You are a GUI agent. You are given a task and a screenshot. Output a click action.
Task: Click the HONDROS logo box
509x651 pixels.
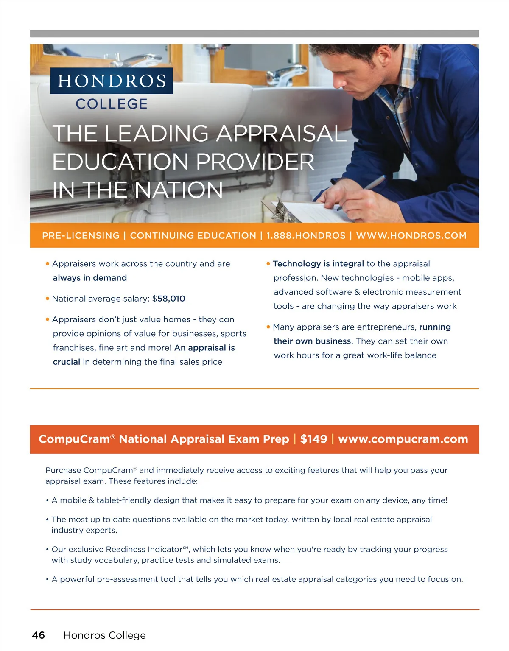pos(112,81)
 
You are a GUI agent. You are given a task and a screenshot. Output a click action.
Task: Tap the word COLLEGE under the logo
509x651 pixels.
pos(112,104)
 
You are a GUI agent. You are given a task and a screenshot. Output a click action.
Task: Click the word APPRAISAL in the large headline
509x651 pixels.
pos(282,134)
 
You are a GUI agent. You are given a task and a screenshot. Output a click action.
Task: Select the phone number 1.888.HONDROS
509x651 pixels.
pos(306,235)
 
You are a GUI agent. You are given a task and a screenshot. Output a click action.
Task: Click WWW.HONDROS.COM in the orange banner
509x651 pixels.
pos(411,235)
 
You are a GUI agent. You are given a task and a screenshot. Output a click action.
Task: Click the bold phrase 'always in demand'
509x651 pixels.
pos(90,278)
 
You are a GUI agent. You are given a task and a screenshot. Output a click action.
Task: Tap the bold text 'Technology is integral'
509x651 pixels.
pos(318,264)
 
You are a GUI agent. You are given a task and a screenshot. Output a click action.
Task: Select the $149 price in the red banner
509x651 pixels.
pos(313,439)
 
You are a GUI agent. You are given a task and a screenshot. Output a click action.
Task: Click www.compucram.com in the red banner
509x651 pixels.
pos(403,439)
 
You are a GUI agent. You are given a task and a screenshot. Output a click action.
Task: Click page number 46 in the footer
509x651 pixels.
pos(39,635)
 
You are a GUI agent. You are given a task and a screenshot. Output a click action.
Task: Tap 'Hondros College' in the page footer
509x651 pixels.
pos(104,635)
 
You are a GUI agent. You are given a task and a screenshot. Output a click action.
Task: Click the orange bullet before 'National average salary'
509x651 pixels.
pos(48,299)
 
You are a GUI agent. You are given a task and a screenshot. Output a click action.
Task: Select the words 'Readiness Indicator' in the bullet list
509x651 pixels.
pos(144,549)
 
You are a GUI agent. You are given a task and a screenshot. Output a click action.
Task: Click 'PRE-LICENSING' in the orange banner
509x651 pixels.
pos(81,235)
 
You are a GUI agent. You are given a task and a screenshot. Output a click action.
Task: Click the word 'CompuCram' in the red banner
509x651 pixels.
pos(74,439)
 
